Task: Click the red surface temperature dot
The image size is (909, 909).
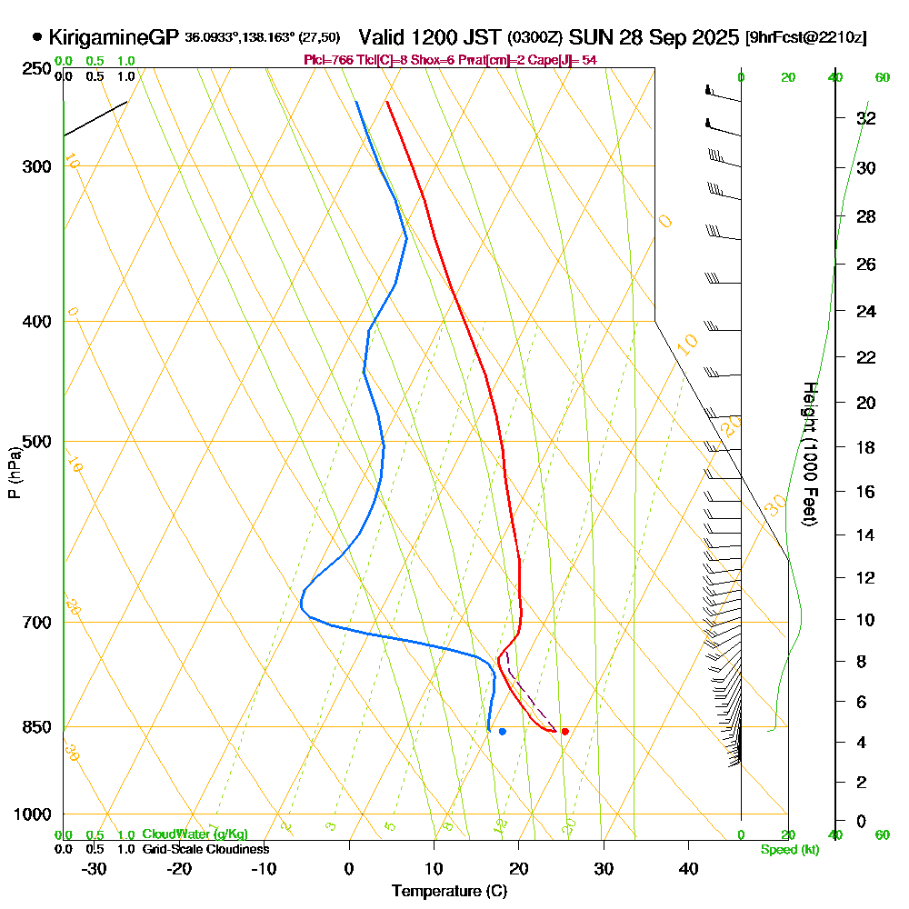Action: pos(564,731)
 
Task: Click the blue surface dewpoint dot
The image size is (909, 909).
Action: pos(502,731)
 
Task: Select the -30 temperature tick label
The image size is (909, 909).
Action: pos(95,868)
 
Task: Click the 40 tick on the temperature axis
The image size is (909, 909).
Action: pos(688,868)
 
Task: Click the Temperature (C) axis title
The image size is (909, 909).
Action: pos(449,892)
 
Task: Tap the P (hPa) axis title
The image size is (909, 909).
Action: pos(14,472)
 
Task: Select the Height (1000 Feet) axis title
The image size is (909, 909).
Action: pos(810,454)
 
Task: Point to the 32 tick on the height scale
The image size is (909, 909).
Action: pos(865,118)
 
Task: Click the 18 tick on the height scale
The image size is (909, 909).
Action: pos(865,447)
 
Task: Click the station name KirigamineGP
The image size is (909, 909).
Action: pos(114,37)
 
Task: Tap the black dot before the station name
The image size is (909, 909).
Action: pos(37,37)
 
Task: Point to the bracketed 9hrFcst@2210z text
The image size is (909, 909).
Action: pos(805,38)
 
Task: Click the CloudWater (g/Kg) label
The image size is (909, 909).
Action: pos(195,834)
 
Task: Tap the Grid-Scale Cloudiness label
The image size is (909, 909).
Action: pos(205,849)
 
